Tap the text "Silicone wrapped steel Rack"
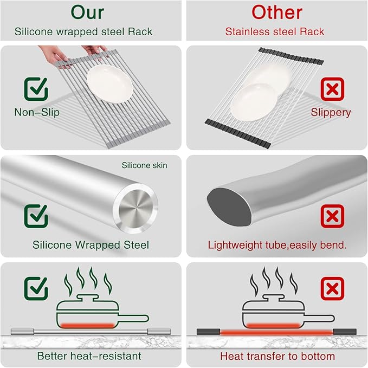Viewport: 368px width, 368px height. click(83, 32)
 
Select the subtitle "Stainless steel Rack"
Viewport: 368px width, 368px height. click(275, 32)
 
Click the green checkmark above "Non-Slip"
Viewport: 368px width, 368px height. click(36, 89)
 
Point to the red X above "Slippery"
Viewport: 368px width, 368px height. click(332, 88)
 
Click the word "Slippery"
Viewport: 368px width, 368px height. click(331, 113)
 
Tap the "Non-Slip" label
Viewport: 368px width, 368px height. click(37, 113)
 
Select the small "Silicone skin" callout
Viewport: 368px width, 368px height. click(145, 165)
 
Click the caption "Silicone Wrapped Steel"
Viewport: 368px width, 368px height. click(91, 245)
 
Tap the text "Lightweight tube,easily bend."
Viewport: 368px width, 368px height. click(277, 245)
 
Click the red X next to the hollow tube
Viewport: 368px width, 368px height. click(332, 216)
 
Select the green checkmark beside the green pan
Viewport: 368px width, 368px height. click(36, 289)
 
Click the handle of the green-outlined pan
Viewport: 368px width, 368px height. click(133, 318)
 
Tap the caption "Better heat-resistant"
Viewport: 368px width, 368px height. click(89, 356)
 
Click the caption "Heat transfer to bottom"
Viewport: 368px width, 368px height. click(277, 356)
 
